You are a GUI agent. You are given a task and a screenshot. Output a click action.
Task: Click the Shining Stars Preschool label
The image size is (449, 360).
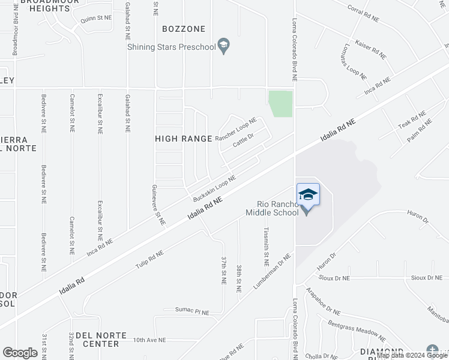pyautogui.click(x=170, y=47)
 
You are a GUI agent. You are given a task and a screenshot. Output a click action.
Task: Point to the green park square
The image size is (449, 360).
pyautogui.click(x=280, y=104)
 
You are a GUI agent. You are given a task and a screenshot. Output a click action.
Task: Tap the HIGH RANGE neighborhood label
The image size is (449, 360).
pyautogui.click(x=184, y=139)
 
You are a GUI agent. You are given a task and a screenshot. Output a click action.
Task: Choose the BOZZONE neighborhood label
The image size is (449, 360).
pyautogui.click(x=184, y=29)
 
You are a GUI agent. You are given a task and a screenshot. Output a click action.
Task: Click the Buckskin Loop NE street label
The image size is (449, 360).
pyautogui.click(x=214, y=188)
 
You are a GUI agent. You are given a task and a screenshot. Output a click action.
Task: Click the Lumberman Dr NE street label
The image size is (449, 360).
pyautogui.click(x=272, y=272)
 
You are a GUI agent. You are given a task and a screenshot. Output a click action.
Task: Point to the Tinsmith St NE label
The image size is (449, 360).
pyautogui.click(x=265, y=246)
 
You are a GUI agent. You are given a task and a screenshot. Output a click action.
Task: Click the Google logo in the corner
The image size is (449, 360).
pyautogui.click(x=20, y=353)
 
